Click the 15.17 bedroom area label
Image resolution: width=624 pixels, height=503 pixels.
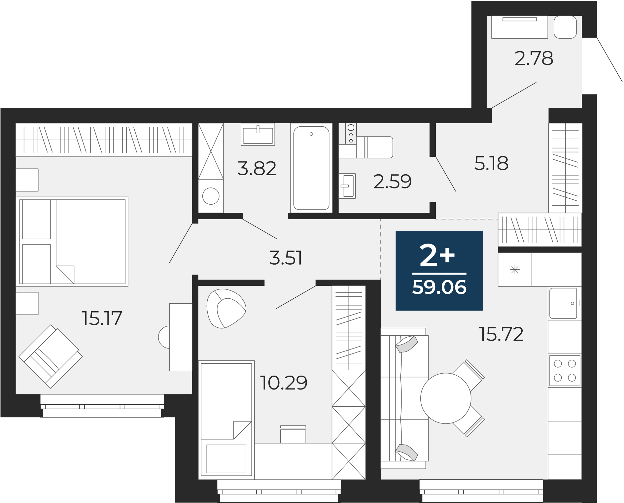102,318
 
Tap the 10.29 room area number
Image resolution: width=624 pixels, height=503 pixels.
284,383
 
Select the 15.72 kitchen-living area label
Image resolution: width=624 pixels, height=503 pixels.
501,334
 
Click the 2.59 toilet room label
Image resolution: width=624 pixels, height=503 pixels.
393,181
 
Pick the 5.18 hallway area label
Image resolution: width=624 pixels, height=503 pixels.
491,163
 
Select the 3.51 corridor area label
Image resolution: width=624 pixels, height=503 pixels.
286,258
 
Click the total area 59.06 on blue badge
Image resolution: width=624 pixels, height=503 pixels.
439,287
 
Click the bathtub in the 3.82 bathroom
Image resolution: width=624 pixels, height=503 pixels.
311,168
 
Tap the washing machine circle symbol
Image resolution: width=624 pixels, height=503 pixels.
211,196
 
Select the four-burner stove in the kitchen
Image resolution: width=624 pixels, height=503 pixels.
565,371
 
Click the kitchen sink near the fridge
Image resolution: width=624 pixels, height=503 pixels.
563,303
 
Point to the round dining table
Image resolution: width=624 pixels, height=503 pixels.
446,398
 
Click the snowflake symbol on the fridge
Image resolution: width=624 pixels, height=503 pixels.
515,270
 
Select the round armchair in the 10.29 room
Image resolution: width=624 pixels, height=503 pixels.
226,309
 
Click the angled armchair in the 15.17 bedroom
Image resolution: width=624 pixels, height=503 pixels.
51,356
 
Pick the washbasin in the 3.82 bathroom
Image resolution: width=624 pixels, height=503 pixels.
258,134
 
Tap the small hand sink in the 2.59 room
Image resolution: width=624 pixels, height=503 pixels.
347,186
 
